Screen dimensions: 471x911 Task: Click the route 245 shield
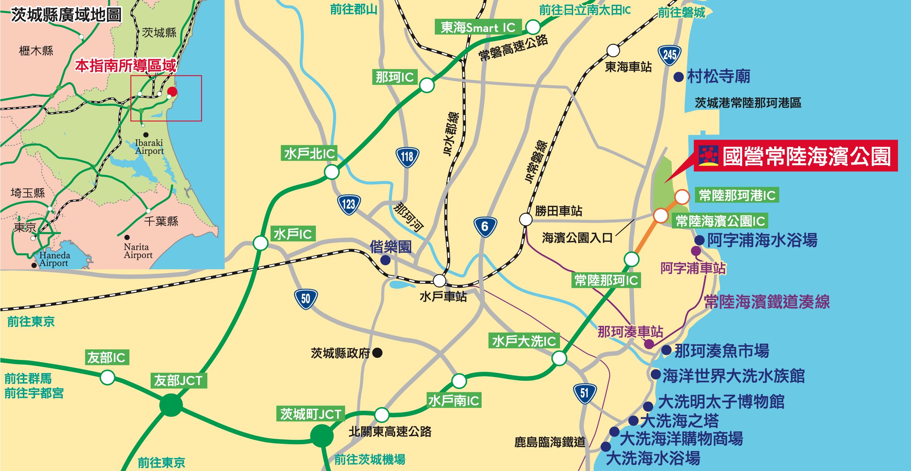[669, 55]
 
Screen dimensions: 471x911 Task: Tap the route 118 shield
[407, 157]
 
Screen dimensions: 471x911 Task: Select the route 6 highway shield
[485, 226]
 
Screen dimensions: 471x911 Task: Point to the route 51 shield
[584, 393]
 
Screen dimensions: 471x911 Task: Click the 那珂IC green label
[395, 77]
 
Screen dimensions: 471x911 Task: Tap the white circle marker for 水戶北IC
[331, 172]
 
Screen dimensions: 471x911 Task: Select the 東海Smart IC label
[478, 27]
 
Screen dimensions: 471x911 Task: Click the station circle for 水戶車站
[440, 280]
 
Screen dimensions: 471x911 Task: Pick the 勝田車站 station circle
[526, 219]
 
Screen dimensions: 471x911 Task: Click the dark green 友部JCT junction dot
[171, 405]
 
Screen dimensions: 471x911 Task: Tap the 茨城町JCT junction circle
[322, 435]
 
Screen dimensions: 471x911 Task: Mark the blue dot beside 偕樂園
[385, 260]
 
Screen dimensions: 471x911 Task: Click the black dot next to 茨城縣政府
[377, 352]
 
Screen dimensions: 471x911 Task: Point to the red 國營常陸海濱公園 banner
[796, 156]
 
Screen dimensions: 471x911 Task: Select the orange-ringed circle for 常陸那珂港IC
[682, 197]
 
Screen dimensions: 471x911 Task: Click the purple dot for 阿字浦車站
[696, 251]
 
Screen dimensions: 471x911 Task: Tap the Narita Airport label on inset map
[138, 251]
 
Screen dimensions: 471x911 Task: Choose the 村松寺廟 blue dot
[678, 77]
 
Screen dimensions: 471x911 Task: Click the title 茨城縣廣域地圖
[66, 15]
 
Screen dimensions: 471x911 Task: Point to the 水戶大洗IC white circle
[559, 358]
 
